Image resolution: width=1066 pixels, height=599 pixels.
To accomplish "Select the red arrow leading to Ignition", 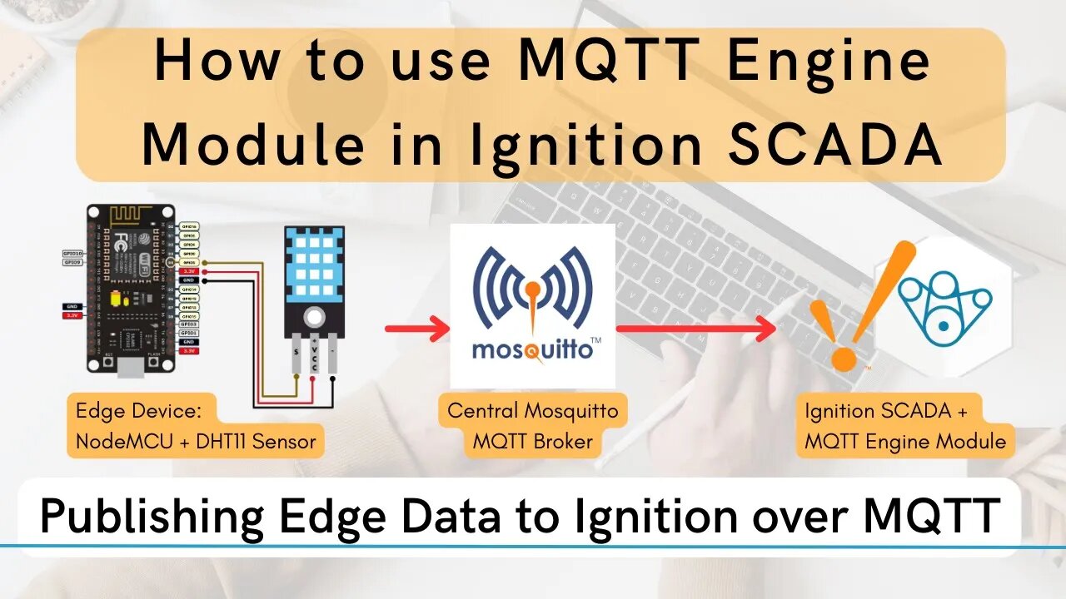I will click(x=695, y=329).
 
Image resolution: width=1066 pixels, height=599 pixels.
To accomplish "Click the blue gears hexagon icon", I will click(x=944, y=302).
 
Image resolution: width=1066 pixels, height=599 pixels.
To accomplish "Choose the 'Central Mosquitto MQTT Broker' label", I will click(x=532, y=426).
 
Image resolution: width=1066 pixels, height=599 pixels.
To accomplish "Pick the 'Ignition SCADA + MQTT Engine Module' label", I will click(x=904, y=426).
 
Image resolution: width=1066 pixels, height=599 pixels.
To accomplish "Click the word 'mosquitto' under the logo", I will click(x=532, y=349).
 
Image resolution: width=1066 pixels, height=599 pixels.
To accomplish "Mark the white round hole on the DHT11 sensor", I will click(x=314, y=316).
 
